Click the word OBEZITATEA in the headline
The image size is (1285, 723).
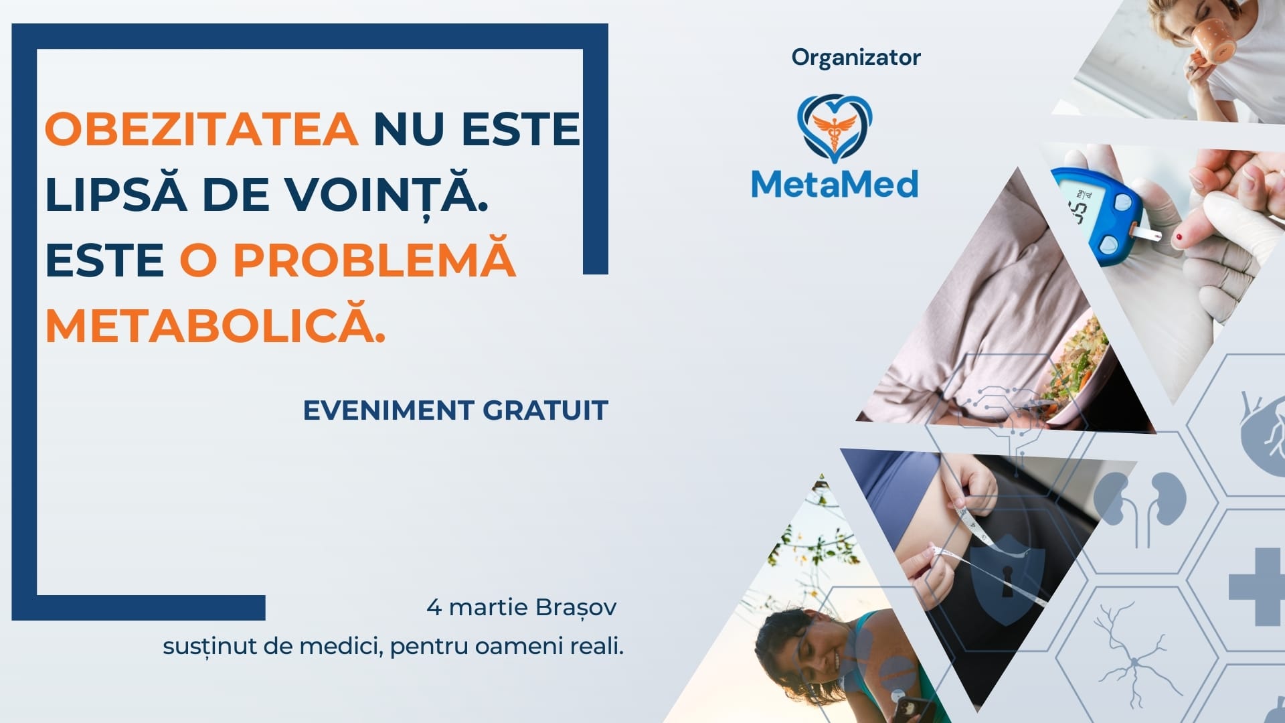click(201, 129)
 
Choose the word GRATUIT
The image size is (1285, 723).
click(545, 410)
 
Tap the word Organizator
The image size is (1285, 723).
click(856, 58)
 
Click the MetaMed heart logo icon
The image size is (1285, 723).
click(835, 128)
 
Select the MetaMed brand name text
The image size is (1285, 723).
click(835, 183)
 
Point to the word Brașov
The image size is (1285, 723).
click(576, 608)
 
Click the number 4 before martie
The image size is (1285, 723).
click(434, 607)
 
